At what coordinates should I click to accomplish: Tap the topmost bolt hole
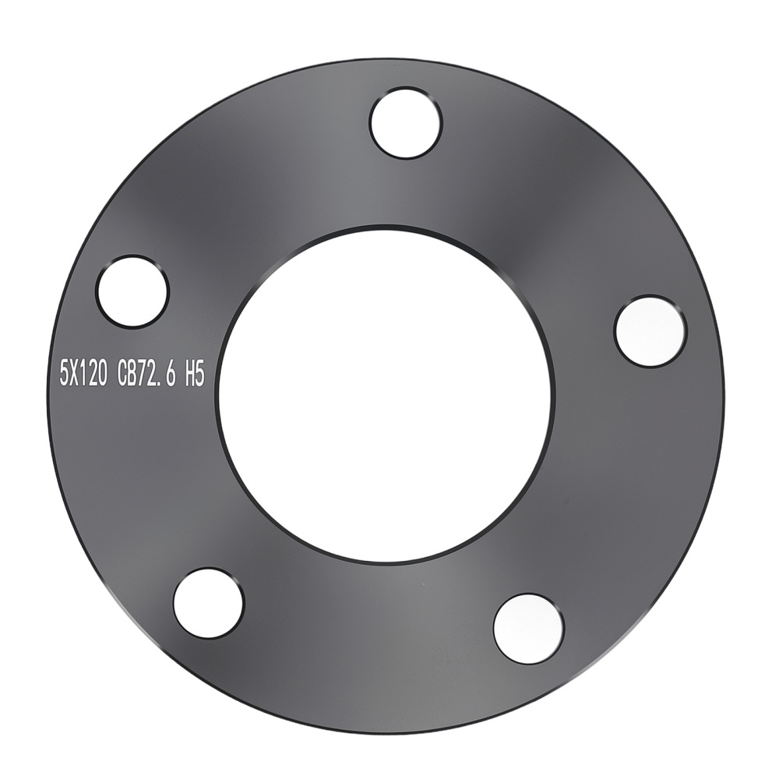(x=406, y=123)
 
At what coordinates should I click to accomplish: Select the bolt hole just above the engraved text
(x=132, y=291)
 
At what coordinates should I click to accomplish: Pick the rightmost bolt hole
(x=650, y=331)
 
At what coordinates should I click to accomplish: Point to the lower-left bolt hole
(x=209, y=603)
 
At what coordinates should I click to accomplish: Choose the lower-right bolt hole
(x=528, y=629)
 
